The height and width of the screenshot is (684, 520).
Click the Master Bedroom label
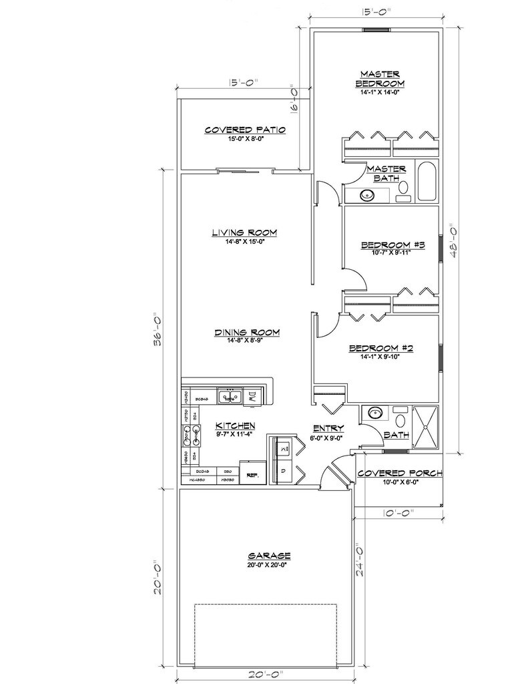[380, 78]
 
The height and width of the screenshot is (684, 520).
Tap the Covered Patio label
[245, 130]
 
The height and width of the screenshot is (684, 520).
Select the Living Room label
[244, 232]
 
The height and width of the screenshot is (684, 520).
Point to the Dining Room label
[246, 332]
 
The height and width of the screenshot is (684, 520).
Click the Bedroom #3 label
[393, 245]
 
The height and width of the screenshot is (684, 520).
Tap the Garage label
[269, 555]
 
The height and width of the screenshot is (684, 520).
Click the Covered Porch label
[400, 474]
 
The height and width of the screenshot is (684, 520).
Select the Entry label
[328, 428]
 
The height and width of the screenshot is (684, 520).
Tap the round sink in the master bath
[366, 196]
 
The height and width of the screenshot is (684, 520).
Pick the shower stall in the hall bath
[426, 425]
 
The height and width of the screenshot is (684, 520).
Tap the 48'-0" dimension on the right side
[453, 245]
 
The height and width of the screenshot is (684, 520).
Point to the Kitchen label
[235, 425]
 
